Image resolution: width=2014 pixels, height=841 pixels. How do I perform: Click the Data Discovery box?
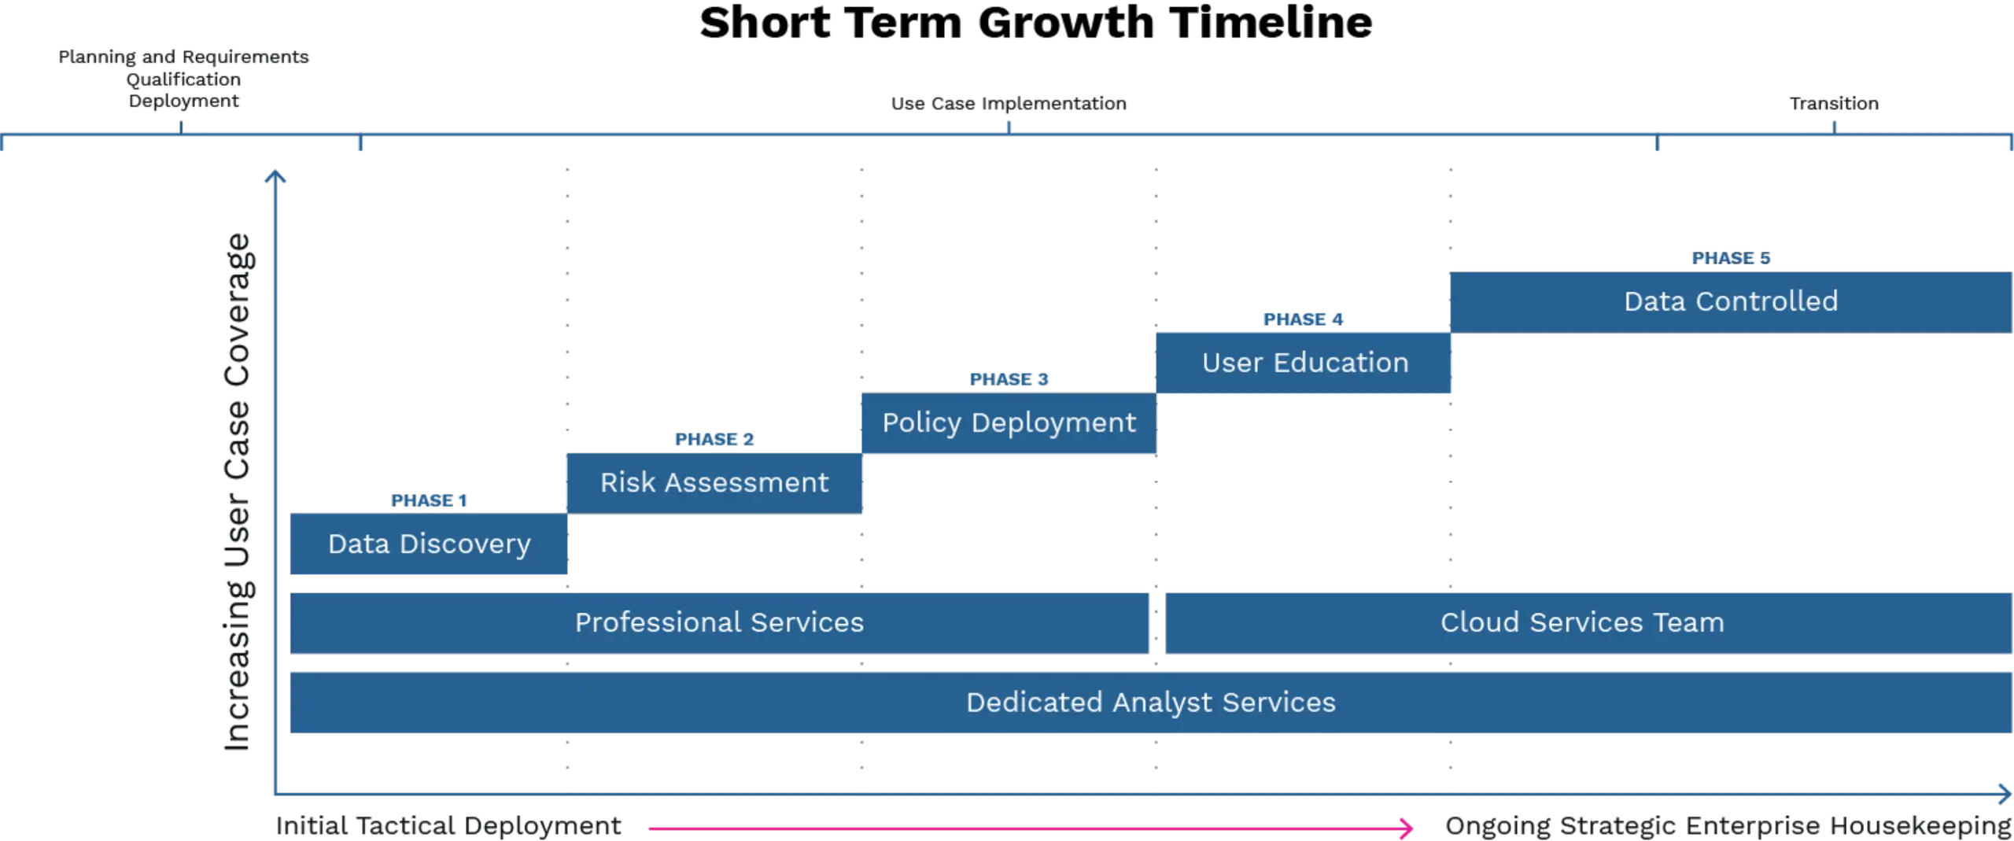coord(429,544)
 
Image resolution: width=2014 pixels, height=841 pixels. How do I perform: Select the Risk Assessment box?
coord(714,482)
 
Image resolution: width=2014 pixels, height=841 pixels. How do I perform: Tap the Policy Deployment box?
coord(1009,422)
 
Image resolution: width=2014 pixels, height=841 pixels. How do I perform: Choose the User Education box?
coord(1304,362)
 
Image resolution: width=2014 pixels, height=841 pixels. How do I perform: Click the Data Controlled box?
coord(1730,301)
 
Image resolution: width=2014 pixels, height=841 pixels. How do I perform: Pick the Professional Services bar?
coord(719,622)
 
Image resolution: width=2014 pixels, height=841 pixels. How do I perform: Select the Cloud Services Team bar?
coord(1581,622)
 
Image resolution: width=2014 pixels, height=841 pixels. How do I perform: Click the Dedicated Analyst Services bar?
coord(1150,702)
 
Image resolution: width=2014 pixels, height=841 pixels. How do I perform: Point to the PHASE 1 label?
coord(430,501)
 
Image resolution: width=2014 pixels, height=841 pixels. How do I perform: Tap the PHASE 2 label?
coord(714,439)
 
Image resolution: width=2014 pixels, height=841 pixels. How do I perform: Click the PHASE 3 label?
coord(1009,379)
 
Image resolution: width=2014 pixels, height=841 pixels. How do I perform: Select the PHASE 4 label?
coord(1304,319)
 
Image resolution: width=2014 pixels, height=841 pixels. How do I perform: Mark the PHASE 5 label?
coord(1732,258)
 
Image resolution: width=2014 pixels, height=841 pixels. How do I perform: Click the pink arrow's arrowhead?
coord(1407,827)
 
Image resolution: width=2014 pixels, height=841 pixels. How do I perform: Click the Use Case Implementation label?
coord(1008,104)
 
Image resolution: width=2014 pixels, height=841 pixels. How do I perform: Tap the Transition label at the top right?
coord(1835,104)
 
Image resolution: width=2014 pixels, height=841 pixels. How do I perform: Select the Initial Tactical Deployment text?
coord(448,825)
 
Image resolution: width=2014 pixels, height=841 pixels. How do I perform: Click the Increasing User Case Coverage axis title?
coord(238,493)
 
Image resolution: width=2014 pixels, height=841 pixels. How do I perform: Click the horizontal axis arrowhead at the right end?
coord(2004,793)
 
